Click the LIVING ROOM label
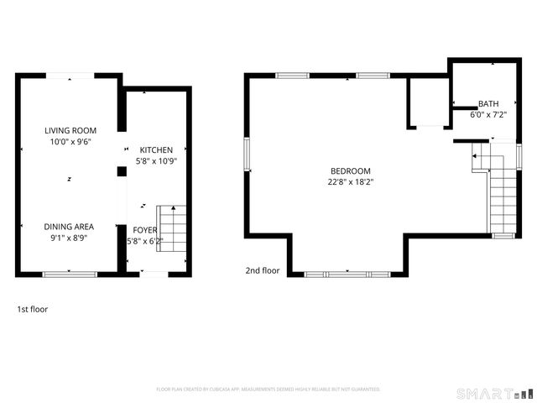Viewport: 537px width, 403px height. (70, 130)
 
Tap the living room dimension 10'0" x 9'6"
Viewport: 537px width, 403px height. (70, 142)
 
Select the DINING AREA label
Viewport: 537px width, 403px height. (70, 227)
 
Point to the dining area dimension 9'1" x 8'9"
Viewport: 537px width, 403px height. (70, 238)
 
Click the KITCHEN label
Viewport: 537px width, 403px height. (157, 149)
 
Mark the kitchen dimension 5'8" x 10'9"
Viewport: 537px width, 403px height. (157, 161)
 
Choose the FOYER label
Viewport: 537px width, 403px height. (144, 229)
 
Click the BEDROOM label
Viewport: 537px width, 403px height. (350, 170)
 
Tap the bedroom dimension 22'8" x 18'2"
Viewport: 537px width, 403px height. (350, 181)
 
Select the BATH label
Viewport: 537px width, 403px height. (487, 104)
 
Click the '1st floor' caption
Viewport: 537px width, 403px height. (33, 309)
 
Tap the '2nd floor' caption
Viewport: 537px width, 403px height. (263, 270)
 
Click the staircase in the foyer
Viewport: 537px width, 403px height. (171, 228)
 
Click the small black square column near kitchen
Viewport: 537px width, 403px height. (122, 171)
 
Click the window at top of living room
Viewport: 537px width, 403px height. (70, 76)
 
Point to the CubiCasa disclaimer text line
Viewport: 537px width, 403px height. (268, 390)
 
